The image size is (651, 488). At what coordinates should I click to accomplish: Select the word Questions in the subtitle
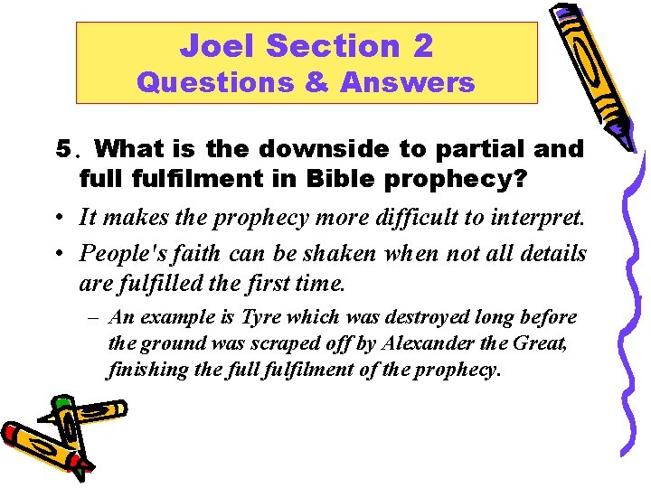(x=214, y=83)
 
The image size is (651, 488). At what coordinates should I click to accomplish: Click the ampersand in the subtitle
(x=316, y=83)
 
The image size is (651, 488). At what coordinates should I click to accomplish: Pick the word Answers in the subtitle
(x=407, y=83)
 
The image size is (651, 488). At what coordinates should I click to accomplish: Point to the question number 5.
(x=62, y=148)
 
